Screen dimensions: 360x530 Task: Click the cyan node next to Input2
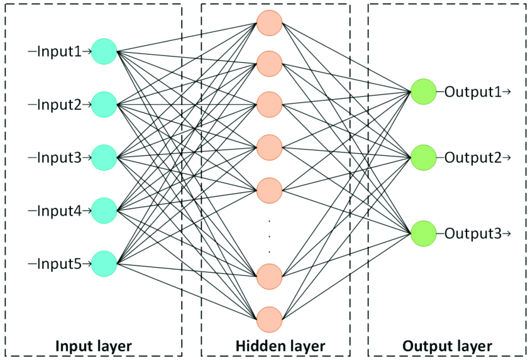pos(104,104)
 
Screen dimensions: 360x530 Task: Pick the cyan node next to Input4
pos(104,209)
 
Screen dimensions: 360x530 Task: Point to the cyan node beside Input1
pos(104,51)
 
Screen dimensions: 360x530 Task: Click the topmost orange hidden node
pos(269,22)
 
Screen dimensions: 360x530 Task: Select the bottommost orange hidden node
pos(269,319)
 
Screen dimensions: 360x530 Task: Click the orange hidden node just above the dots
pos(269,190)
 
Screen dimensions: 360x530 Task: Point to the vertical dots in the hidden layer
pos(269,236)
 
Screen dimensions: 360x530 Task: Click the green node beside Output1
pos(423,92)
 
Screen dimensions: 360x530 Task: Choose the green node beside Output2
pos(423,157)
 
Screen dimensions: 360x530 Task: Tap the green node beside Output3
pos(423,233)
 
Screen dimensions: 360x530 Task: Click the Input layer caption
pos(94,346)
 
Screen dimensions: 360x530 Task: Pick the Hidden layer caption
pos(280,346)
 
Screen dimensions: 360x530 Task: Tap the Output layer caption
pos(447,346)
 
